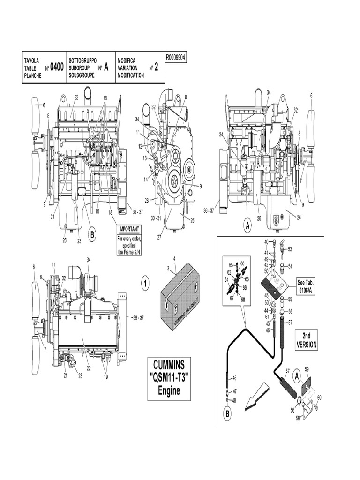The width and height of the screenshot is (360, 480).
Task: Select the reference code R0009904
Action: click(x=176, y=56)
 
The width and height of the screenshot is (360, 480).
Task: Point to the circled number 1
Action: click(x=145, y=283)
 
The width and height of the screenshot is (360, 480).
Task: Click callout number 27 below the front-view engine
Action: click(x=159, y=237)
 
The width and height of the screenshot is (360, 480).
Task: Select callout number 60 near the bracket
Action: click(x=319, y=397)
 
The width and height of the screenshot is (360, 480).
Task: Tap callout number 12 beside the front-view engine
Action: click(x=140, y=147)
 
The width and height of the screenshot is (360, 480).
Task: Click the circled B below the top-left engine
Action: click(x=92, y=234)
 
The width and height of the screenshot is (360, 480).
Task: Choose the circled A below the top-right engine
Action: click(x=247, y=226)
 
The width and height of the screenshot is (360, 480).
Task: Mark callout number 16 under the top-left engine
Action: click(x=97, y=211)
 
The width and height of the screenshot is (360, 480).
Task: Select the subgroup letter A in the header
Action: click(x=106, y=67)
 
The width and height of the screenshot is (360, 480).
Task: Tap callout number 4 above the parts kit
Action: click(x=174, y=258)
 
